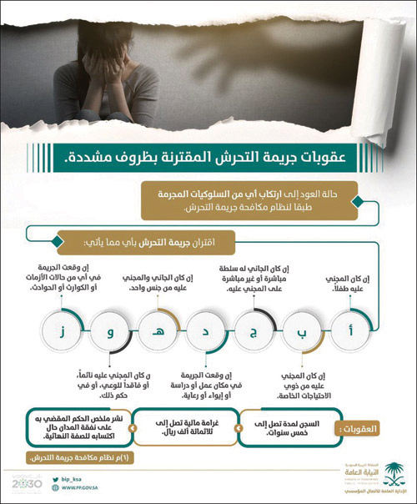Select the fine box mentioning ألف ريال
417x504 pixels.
point(185,427)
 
